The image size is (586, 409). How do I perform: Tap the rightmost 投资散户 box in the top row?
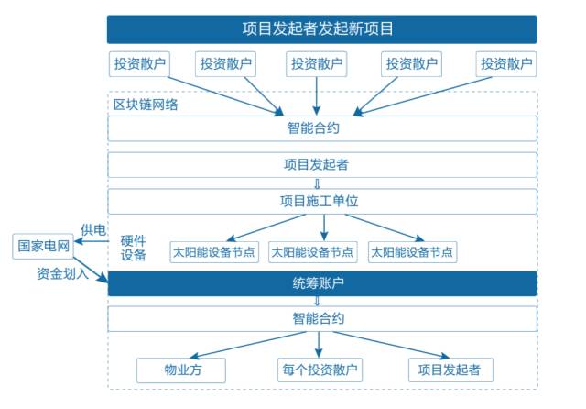[506, 64]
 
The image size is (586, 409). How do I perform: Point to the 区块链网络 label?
[146, 105]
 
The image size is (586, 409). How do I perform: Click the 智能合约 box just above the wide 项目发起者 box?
[321, 128]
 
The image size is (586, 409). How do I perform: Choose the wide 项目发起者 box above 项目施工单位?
[321, 165]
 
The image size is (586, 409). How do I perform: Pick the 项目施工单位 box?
[321, 201]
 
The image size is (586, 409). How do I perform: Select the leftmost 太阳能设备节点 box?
[215, 251]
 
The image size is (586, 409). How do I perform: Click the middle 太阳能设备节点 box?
[312, 251]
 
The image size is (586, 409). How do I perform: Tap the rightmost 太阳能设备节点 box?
[412, 251]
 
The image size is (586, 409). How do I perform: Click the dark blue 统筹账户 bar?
[321, 283]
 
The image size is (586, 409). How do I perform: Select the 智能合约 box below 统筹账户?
[321, 318]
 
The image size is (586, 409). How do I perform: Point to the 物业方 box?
[181, 370]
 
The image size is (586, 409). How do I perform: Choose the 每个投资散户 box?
[320, 370]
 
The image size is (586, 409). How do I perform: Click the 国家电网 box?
[41, 246]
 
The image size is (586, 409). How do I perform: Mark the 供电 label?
[93, 228]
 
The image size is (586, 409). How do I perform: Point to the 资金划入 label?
[62, 273]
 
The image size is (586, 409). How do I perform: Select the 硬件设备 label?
[134, 248]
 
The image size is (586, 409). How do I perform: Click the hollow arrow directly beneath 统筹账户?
[318, 301]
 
